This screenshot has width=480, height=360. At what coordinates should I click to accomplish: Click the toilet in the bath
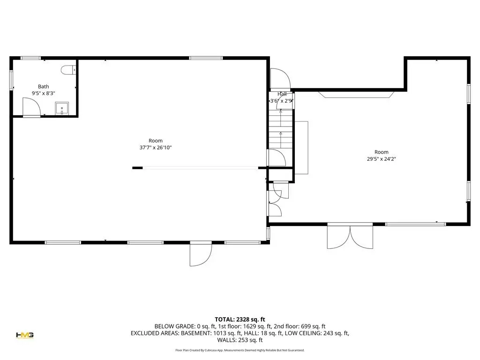pyautogui.click(x=68, y=70)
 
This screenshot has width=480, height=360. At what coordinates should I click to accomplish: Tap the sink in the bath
pyautogui.click(x=62, y=108)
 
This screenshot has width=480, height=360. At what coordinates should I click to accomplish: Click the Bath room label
pyautogui.click(x=44, y=87)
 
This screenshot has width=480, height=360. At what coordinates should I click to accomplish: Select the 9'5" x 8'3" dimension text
pyautogui.click(x=44, y=93)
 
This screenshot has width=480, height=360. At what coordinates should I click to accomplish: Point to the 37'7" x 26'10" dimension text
pyautogui.click(x=156, y=148)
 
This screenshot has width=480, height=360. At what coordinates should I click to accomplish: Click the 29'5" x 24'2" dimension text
pyautogui.click(x=382, y=159)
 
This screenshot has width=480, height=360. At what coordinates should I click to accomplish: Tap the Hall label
pyautogui.click(x=282, y=94)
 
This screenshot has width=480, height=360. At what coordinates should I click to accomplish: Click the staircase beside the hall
pyautogui.click(x=281, y=129)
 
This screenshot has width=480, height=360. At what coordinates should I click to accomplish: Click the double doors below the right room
pyautogui.click(x=350, y=236)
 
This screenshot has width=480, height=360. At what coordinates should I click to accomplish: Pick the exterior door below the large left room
pyautogui.click(x=201, y=254)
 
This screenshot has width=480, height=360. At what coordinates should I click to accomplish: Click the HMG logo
pyautogui.click(x=25, y=335)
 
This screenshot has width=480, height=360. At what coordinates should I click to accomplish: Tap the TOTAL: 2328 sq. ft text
pyautogui.click(x=240, y=320)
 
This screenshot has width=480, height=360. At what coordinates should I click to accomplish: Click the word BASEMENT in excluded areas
pyautogui.click(x=195, y=333)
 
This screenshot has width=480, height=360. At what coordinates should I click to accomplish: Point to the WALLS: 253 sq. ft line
pyautogui.click(x=240, y=340)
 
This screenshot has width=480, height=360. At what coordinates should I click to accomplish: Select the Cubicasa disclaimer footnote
pyautogui.click(x=240, y=350)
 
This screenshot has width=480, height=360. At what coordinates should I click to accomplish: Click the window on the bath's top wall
pyautogui.click(x=30, y=58)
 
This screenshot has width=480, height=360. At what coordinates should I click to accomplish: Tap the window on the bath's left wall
pyautogui.click(x=11, y=80)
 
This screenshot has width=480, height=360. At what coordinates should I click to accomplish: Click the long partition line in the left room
pyautogui.click(x=201, y=168)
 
